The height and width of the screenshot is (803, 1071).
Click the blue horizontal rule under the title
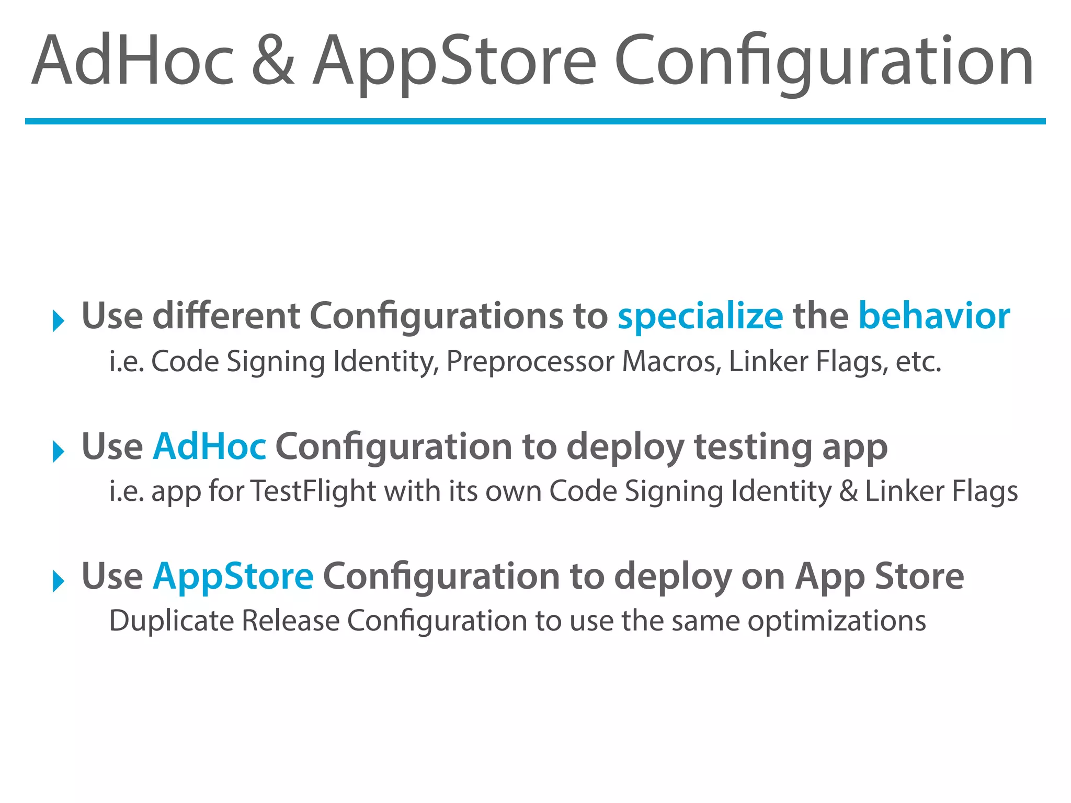(x=535, y=121)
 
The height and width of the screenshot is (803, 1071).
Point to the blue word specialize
(x=700, y=317)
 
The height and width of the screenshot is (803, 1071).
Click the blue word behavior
(x=934, y=317)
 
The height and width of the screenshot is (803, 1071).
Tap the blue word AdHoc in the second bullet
(x=209, y=447)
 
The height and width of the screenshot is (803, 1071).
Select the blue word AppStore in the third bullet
(x=233, y=577)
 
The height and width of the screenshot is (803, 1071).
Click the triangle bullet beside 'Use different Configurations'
(x=58, y=320)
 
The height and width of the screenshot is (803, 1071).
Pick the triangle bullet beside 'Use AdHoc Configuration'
(x=58, y=451)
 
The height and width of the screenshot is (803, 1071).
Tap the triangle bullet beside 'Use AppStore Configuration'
(x=58, y=581)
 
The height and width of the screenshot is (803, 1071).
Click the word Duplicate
(x=172, y=621)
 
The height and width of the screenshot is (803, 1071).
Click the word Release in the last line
(x=291, y=621)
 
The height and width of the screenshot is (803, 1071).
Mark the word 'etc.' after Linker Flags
(x=918, y=362)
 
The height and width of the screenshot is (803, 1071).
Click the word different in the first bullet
(x=226, y=317)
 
